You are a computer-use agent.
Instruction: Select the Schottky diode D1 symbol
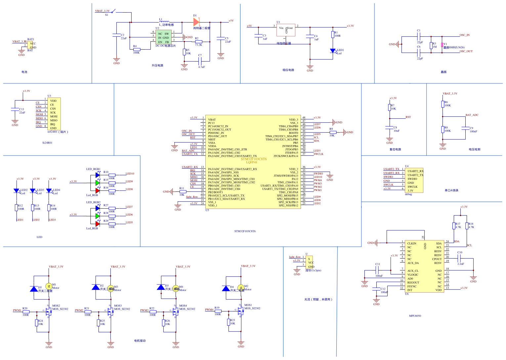tap(196, 22)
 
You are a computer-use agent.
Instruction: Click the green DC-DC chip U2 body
tap(163, 38)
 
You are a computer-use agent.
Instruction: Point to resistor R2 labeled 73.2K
tap(198, 42)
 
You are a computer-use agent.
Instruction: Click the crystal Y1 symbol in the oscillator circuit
tap(442, 45)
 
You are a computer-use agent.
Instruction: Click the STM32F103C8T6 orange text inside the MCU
tap(254, 159)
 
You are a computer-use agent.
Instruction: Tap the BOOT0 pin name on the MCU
tap(293, 133)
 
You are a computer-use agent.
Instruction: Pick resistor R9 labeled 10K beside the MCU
tap(332, 132)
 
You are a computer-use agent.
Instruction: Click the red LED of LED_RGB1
tap(98, 191)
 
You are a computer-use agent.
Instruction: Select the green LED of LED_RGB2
tap(98, 216)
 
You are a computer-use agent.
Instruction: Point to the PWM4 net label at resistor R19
tap(209, 310)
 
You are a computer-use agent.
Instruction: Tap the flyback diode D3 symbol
tap(161, 287)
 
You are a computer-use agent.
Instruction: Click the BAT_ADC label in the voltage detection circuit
tap(472, 115)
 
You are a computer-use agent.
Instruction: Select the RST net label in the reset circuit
tap(408, 117)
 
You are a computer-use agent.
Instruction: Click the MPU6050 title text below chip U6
tap(415, 316)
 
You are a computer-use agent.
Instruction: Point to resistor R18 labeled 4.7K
tap(467, 226)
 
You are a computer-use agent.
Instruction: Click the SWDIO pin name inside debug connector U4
tap(412, 179)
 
